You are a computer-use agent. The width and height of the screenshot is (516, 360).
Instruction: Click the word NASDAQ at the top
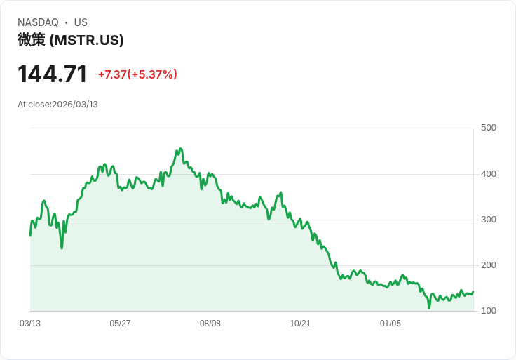tap(38, 22)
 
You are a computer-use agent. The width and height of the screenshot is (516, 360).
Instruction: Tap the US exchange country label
tap(81, 22)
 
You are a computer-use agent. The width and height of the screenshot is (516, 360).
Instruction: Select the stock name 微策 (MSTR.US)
tap(70, 40)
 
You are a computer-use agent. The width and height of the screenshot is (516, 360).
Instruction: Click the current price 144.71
tap(53, 74)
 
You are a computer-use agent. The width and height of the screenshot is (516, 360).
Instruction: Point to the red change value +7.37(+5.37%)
tap(137, 74)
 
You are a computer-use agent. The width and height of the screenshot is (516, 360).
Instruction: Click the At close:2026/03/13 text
tap(57, 105)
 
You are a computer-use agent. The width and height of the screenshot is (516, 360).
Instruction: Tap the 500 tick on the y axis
tap(489, 128)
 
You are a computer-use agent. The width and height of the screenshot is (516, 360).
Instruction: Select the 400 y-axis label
tap(489, 174)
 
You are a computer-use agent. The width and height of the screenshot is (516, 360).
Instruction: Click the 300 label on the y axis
tap(489, 220)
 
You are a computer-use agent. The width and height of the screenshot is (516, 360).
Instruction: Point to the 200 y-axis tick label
tap(489, 265)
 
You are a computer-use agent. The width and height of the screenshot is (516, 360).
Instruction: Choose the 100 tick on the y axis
tap(489, 311)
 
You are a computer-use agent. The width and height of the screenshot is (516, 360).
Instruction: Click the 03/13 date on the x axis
tap(30, 324)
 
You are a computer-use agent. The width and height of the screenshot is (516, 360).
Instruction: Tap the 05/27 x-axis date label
tap(120, 324)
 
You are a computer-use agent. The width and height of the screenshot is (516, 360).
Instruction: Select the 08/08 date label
tap(210, 324)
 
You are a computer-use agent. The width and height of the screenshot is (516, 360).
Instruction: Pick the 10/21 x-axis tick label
tap(300, 324)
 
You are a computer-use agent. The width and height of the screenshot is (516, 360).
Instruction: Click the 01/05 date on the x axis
tap(391, 324)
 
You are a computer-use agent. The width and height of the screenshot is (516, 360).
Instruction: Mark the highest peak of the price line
tap(180, 149)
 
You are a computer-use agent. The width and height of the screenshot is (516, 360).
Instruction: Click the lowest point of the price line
tap(429, 307)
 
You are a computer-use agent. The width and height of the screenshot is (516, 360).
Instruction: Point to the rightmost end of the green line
tap(473, 291)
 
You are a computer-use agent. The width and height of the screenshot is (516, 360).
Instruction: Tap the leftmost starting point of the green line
tap(30, 236)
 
